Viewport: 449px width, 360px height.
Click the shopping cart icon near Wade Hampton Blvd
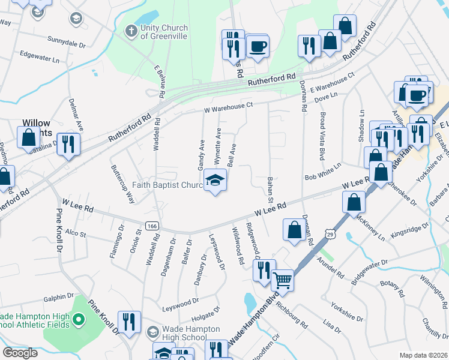click(x=282, y=279)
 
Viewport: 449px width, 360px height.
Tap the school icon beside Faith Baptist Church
click(x=214, y=181)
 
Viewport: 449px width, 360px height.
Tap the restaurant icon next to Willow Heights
click(x=68, y=144)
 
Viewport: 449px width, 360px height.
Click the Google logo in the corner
click(x=20, y=353)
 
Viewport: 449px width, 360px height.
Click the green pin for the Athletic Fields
click(x=78, y=320)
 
